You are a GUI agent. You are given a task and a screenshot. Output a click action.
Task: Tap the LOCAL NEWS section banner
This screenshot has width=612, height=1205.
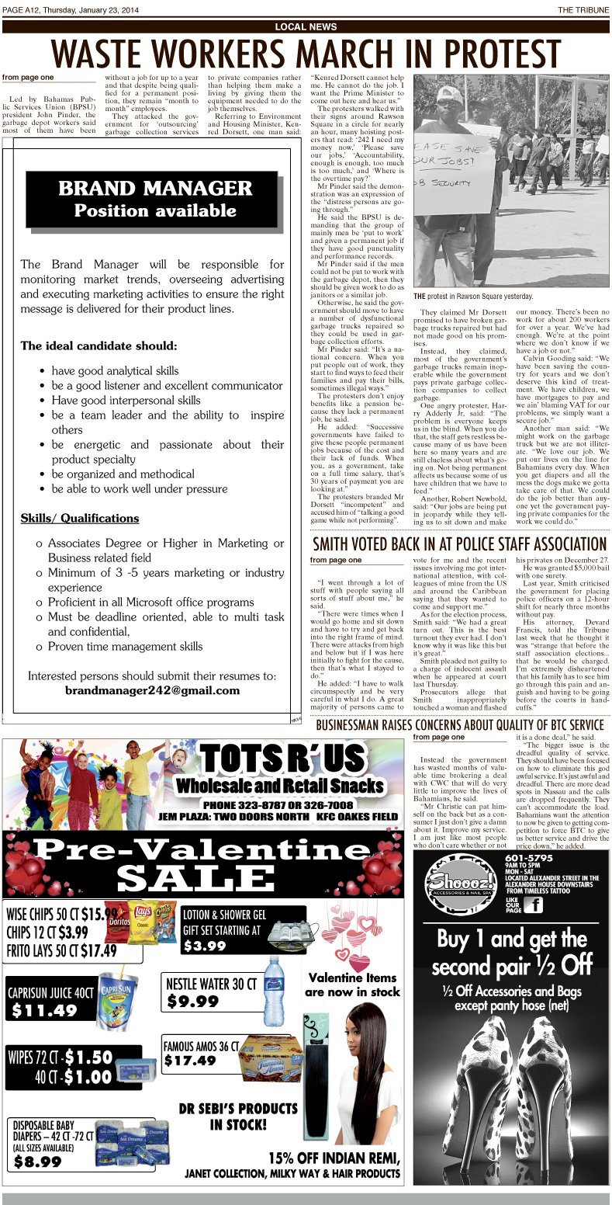point(306,27)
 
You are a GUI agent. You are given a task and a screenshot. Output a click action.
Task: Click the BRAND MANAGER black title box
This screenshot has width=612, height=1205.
point(155,199)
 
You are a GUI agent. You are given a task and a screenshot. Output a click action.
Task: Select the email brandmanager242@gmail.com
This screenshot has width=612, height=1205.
point(152,690)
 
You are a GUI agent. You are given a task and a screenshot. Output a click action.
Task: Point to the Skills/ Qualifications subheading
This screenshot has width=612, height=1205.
point(80,518)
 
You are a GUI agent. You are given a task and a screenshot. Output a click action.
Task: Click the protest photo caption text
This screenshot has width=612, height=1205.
point(473,297)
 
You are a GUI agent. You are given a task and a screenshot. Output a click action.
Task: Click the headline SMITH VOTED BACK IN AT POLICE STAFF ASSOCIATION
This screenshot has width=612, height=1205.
point(459,543)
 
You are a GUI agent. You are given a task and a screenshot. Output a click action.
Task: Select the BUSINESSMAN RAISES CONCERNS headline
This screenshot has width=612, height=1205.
point(459,725)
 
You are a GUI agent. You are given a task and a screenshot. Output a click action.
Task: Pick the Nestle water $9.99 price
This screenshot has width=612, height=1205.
point(193,1001)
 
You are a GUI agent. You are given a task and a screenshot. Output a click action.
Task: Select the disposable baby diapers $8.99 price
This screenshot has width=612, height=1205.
point(38,1162)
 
